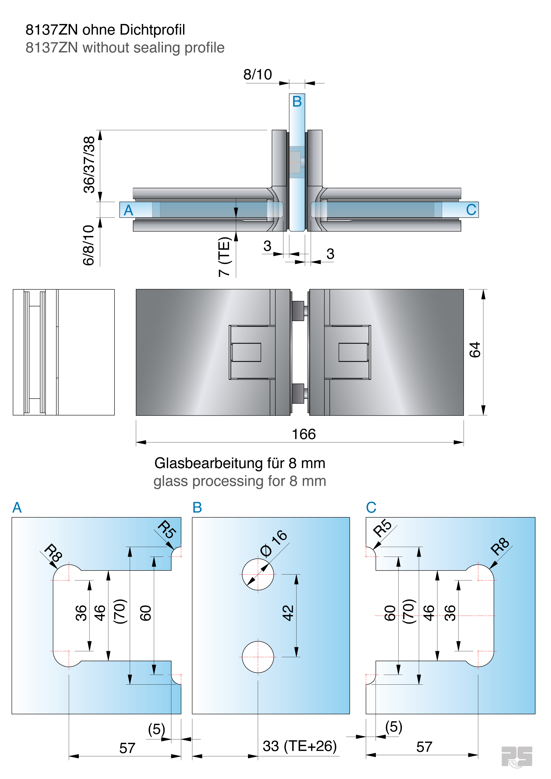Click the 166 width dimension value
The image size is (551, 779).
click(304, 434)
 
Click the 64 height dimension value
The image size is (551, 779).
click(475, 350)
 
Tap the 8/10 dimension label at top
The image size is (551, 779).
click(257, 75)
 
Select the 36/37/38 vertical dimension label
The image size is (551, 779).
click(89, 165)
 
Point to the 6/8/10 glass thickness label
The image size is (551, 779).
click(88, 245)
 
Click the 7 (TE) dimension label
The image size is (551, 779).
click(224, 257)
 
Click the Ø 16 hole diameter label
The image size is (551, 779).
click(274, 543)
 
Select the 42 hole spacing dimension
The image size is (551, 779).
click(288, 613)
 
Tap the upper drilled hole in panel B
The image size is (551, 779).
click(258, 575)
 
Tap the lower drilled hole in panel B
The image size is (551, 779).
click(258, 657)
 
